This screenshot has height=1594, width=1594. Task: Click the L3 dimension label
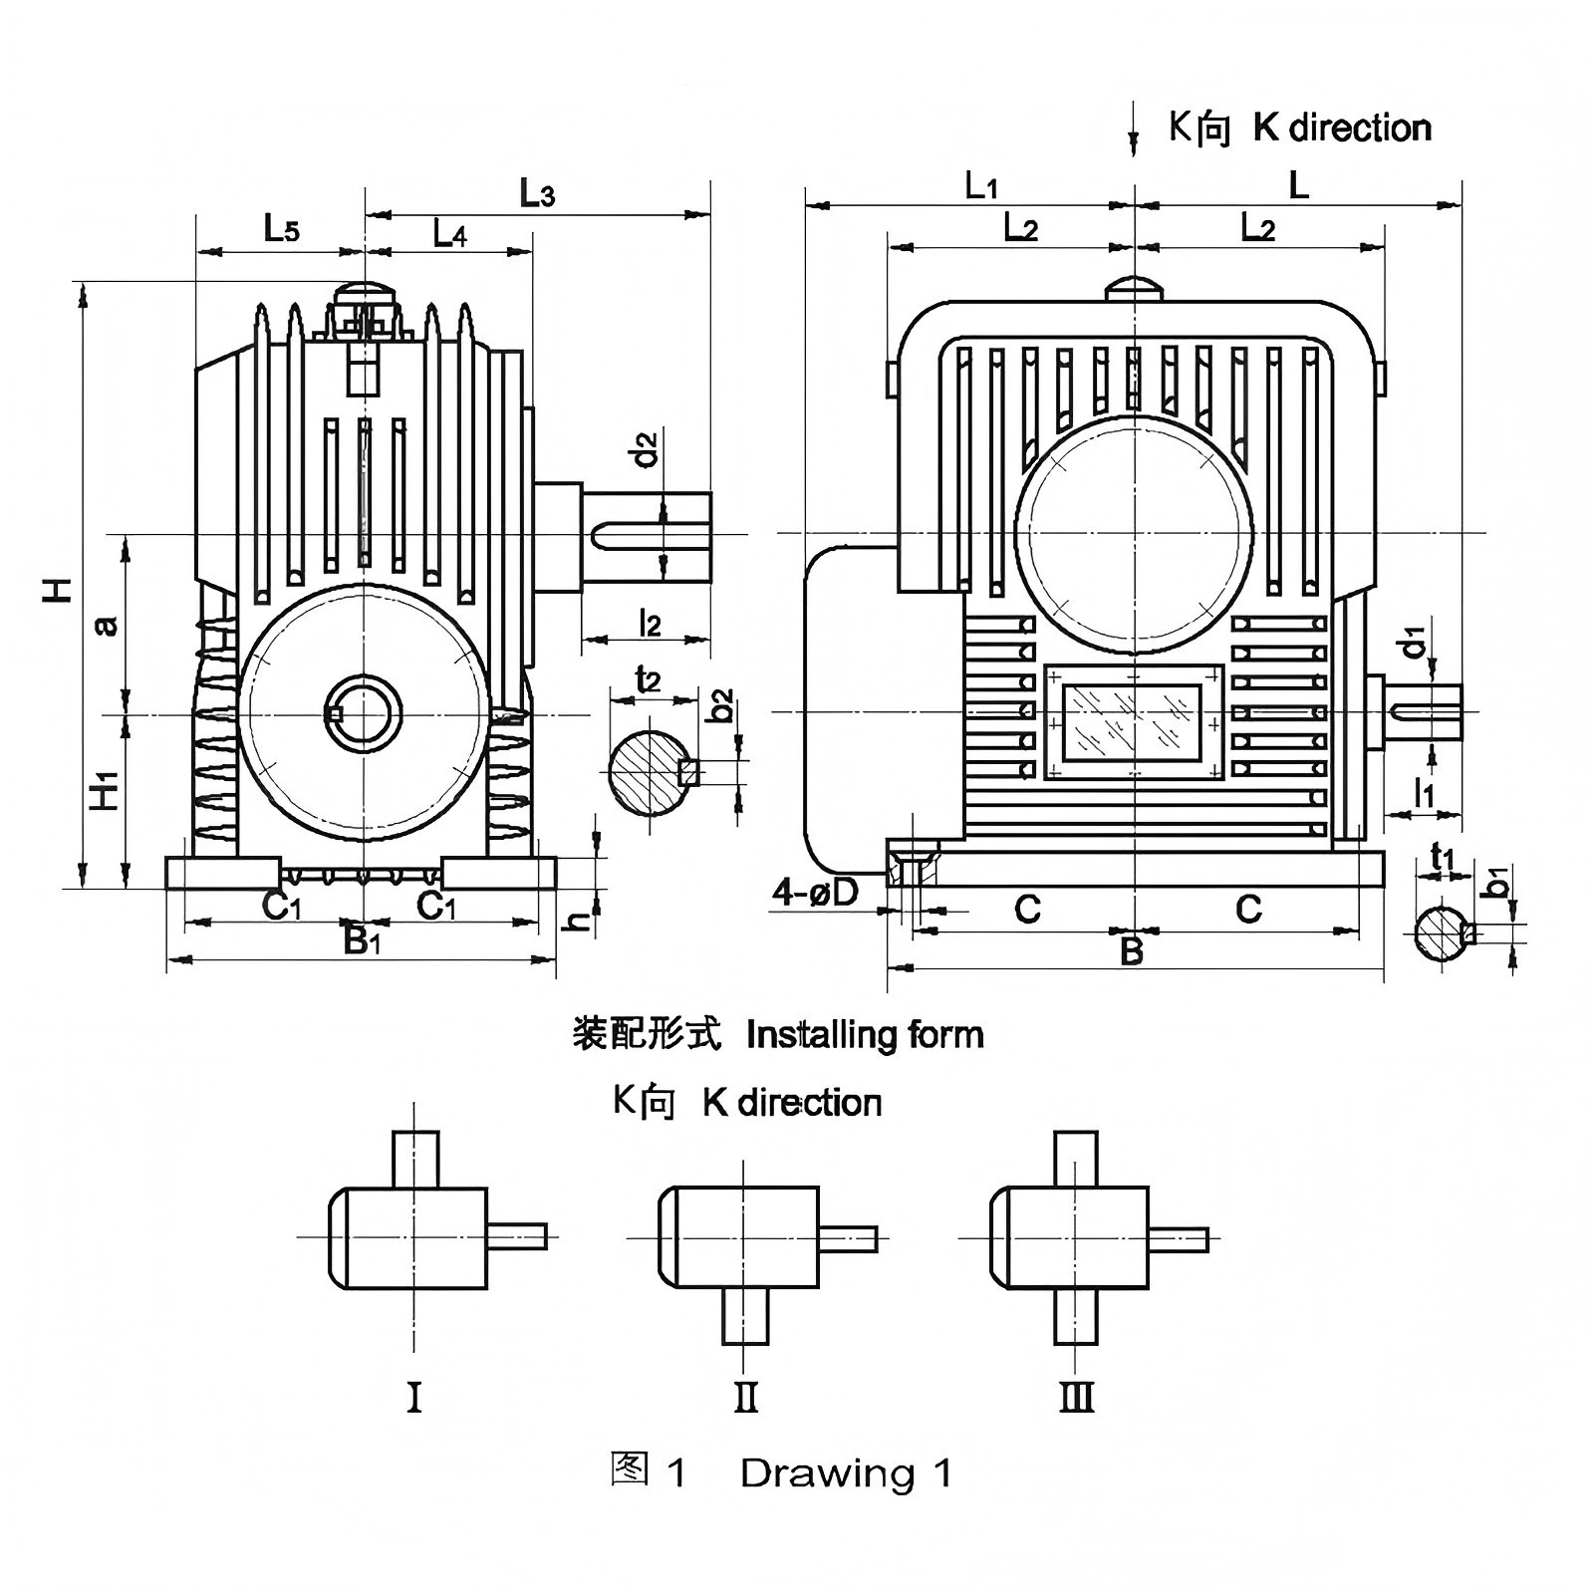click(x=537, y=193)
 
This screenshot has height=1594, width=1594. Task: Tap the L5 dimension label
click(x=281, y=230)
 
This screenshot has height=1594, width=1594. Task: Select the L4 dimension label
click(x=450, y=234)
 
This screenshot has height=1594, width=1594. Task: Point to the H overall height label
click(x=59, y=588)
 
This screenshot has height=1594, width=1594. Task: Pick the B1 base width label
click(x=362, y=939)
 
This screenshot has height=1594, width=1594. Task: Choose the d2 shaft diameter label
click(x=648, y=448)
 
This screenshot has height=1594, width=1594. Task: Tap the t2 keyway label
click(x=649, y=679)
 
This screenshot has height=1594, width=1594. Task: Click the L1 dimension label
click(x=981, y=185)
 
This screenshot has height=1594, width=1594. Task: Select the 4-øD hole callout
click(x=815, y=893)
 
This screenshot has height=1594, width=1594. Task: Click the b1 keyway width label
click(x=1497, y=881)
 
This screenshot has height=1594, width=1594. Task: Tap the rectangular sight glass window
click(x=1134, y=721)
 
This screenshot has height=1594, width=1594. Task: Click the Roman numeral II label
click(x=745, y=1398)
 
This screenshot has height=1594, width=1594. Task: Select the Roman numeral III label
click(x=1076, y=1398)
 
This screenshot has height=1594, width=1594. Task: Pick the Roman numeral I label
click(x=414, y=1398)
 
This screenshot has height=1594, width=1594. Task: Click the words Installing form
click(x=865, y=1035)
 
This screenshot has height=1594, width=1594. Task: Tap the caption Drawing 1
click(x=846, y=1472)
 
